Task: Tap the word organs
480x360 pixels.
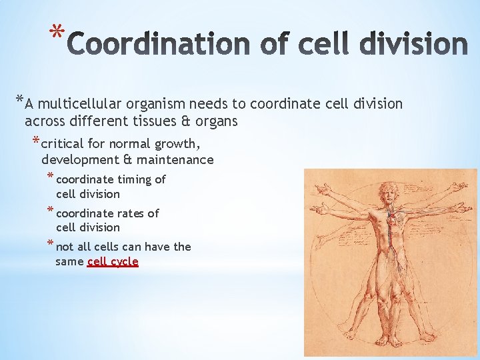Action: pos(217,122)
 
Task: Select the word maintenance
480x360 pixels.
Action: pos(181,160)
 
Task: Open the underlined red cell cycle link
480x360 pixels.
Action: pos(113,262)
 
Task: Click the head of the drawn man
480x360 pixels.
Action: pos(387,192)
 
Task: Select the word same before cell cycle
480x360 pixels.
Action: pos(69,262)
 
